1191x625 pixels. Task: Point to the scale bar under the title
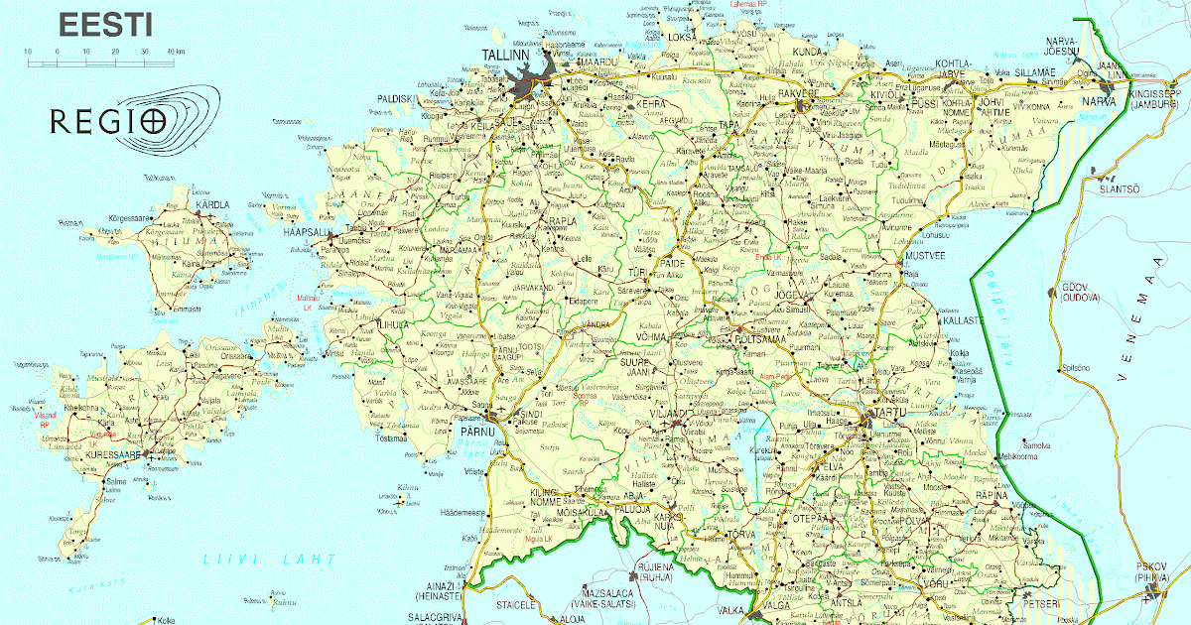point(99,62)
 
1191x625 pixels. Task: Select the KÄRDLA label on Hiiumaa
point(211,204)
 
